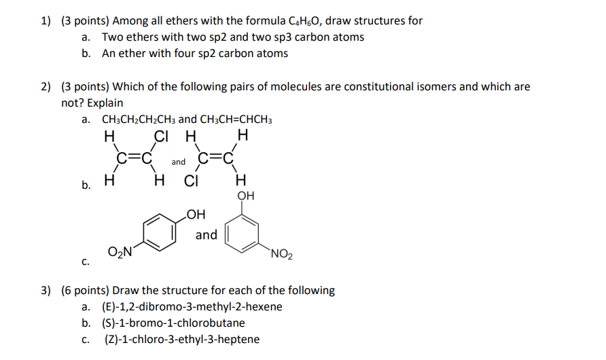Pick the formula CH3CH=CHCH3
236,120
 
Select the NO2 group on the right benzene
281,256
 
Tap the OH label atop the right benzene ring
246,196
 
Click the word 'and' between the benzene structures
207,235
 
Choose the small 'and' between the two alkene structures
178,162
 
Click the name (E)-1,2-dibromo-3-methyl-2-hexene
192,307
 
